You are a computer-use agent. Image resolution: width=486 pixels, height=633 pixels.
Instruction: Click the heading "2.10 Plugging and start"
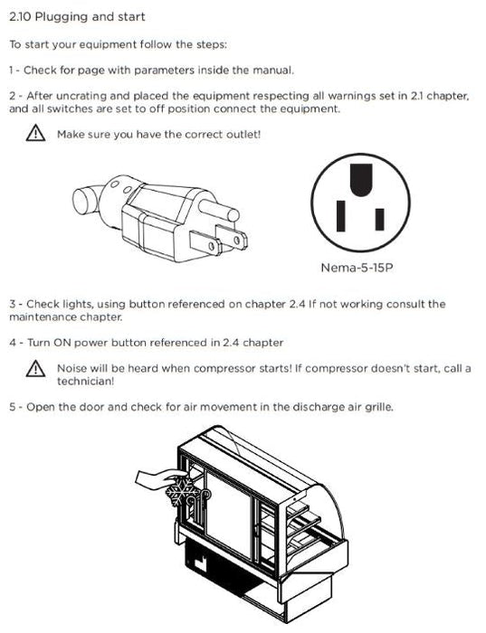click(77, 17)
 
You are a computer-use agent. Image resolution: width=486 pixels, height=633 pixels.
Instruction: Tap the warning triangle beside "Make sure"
click(35, 133)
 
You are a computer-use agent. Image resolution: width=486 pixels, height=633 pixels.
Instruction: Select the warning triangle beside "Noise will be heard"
click(35, 368)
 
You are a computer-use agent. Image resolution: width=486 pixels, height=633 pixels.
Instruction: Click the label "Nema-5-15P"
click(357, 268)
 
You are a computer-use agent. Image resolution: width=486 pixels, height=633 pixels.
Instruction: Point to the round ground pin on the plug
click(218, 209)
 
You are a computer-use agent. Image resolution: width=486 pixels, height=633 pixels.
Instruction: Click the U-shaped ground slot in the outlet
click(361, 180)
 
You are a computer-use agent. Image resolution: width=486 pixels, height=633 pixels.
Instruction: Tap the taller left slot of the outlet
click(341, 216)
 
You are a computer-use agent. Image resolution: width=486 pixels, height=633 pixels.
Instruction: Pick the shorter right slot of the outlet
click(379, 219)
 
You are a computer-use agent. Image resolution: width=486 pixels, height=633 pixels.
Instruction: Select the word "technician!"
click(86, 381)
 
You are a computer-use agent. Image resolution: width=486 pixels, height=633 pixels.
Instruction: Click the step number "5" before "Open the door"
click(13, 407)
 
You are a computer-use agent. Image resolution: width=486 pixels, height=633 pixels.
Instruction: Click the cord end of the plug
click(86, 200)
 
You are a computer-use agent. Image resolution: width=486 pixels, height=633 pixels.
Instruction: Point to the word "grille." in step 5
click(379, 407)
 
